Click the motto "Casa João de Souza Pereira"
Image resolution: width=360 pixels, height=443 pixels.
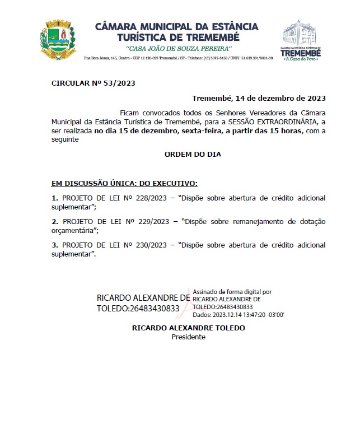[x=177, y=49]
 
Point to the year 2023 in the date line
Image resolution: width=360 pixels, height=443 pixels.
[x=315, y=98]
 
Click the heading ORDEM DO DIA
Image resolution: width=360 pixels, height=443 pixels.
[x=188, y=153]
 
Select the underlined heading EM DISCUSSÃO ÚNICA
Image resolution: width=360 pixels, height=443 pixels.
[x=124, y=183]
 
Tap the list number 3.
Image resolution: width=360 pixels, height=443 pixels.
[x=54, y=245]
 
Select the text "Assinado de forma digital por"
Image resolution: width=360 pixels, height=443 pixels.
[x=232, y=292]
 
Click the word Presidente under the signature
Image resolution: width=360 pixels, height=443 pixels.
[x=188, y=337]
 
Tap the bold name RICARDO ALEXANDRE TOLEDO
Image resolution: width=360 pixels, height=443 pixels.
[x=188, y=328]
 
